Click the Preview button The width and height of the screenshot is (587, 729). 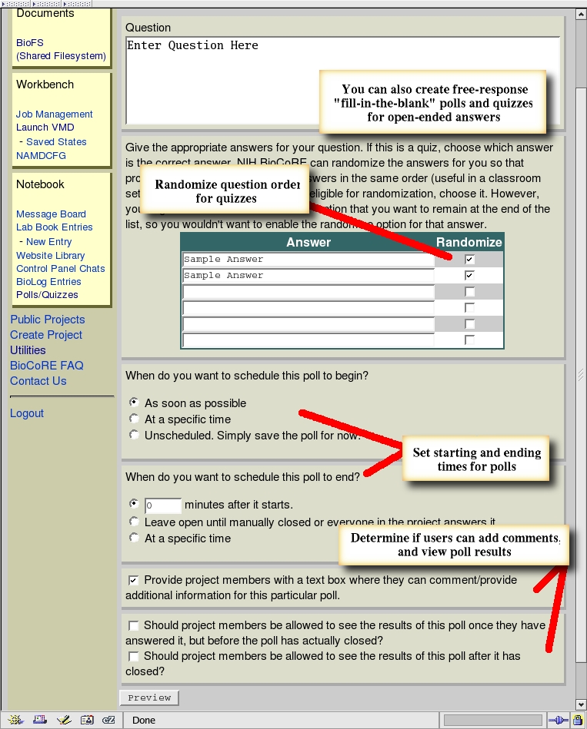[x=149, y=698]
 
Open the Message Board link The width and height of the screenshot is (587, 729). [x=51, y=214]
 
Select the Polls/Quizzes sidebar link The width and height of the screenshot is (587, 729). [x=47, y=294]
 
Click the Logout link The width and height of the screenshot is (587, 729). [x=27, y=413]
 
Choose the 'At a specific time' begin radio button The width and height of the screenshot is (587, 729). [x=135, y=419]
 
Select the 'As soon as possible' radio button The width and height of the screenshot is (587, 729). [x=135, y=403]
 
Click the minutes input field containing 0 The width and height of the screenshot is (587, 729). [x=162, y=505]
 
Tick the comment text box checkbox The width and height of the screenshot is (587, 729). [x=134, y=580]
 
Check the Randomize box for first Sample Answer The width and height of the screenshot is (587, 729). [x=469, y=260]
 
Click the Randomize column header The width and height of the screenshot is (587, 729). [x=469, y=242]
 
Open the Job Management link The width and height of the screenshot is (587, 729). [x=55, y=114]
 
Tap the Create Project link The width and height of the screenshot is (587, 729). [x=46, y=335]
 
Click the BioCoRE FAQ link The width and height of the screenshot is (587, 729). [x=46, y=366]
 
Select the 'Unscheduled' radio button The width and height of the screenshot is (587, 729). [x=135, y=436]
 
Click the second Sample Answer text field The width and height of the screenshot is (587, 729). [x=308, y=276]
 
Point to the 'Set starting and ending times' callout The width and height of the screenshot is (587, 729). [x=477, y=460]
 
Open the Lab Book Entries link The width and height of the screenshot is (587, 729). [x=55, y=227]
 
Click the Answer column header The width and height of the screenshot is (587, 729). [x=309, y=242]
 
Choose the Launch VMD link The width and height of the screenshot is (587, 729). [x=45, y=128]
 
